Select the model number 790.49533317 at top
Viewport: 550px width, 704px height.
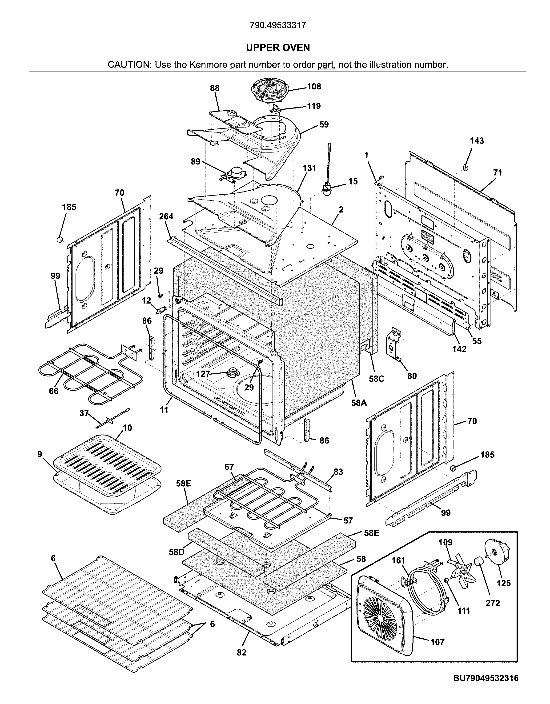pos(277,25)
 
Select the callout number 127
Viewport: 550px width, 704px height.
pos(203,374)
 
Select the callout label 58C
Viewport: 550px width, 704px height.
pos(377,379)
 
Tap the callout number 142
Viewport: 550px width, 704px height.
pos(459,349)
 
